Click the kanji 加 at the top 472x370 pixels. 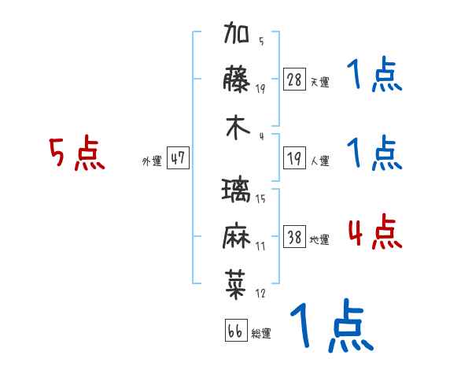(x=237, y=35)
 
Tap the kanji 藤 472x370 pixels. (x=237, y=80)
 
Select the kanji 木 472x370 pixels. (x=237, y=129)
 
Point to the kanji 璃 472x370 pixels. (x=237, y=191)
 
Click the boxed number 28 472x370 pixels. (x=295, y=79)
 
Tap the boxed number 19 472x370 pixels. (x=295, y=158)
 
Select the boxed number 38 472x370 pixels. (x=295, y=237)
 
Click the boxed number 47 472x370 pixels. (x=178, y=158)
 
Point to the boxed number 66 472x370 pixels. (x=235, y=331)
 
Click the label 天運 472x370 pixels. (x=319, y=82)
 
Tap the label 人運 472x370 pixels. (x=319, y=161)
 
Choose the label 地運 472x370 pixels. (x=319, y=240)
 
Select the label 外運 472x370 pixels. (x=151, y=161)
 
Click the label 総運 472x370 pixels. (x=261, y=334)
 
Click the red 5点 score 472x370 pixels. (x=77, y=154)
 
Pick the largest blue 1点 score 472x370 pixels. (x=330, y=327)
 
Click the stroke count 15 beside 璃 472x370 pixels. (x=260, y=198)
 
